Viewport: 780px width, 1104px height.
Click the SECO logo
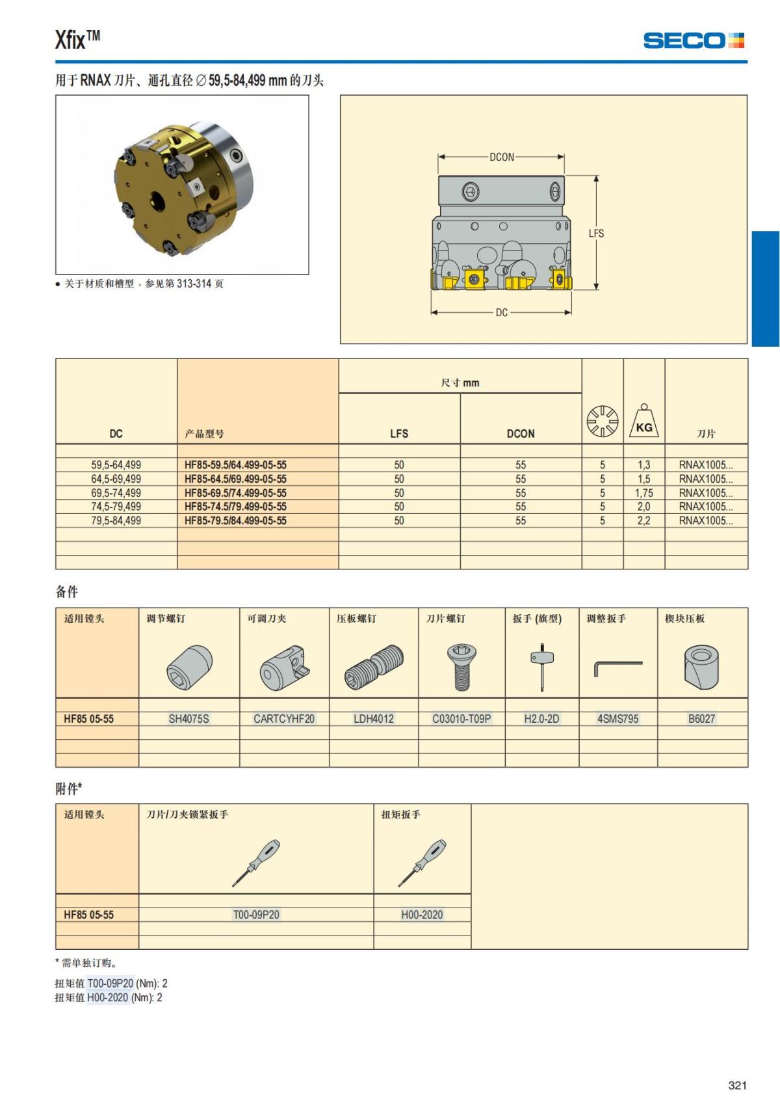point(693,41)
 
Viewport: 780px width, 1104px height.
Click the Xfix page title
point(77,40)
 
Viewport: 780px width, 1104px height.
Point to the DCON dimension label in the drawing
point(501,157)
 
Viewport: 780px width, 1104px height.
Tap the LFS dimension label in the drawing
point(596,233)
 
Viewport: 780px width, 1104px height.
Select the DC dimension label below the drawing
point(501,312)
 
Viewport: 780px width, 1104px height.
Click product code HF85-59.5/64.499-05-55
point(235,465)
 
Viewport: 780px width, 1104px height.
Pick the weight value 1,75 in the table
point(643,493)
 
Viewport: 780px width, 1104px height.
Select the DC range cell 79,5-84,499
point(116,520)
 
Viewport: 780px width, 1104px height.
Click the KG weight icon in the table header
point(643,421)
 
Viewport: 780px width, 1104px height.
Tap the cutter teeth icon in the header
point(602,421)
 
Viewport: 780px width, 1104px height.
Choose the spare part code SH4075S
point(188,719)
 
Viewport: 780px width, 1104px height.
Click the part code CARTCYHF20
point(284,719)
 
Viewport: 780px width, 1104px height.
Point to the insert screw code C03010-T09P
point(461,719)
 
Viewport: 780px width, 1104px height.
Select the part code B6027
point(701,719)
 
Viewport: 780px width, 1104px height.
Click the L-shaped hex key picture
point(617,667)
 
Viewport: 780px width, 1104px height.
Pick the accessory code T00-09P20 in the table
point(256,915)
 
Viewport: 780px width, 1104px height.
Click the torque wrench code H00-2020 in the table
point(422,915)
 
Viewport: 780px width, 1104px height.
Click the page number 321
point(737,1085)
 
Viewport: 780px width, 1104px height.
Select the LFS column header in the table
point(399,433)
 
